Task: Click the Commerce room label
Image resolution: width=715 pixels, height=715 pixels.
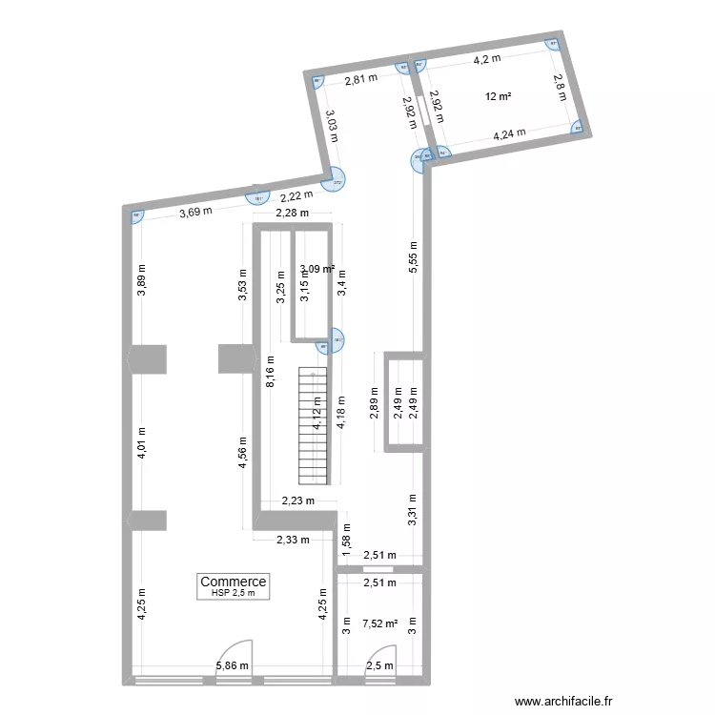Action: (234, 582)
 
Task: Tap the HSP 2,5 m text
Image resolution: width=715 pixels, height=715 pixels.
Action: (234, 593)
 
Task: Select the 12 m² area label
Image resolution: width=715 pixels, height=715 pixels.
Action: (498, 96)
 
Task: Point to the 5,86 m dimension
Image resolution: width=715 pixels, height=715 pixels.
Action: (232, 666)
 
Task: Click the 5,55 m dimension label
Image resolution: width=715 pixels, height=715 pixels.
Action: (412, 257)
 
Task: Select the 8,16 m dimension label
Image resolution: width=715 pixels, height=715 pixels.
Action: (271, 370)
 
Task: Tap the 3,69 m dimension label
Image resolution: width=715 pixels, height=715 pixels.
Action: (195, 213)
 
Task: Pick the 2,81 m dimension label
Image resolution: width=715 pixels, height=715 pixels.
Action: (360, 80)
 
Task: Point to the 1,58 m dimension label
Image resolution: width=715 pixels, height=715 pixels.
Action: (347, 539)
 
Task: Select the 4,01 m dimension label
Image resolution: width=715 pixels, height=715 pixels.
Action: (142, 443)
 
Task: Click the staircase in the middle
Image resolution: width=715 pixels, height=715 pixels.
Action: (314, 427)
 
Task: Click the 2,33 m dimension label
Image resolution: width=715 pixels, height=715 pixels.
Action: (293, 540)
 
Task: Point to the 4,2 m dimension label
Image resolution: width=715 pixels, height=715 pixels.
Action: (490, 59)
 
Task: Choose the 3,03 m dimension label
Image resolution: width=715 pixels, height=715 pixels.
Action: (331, 126)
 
